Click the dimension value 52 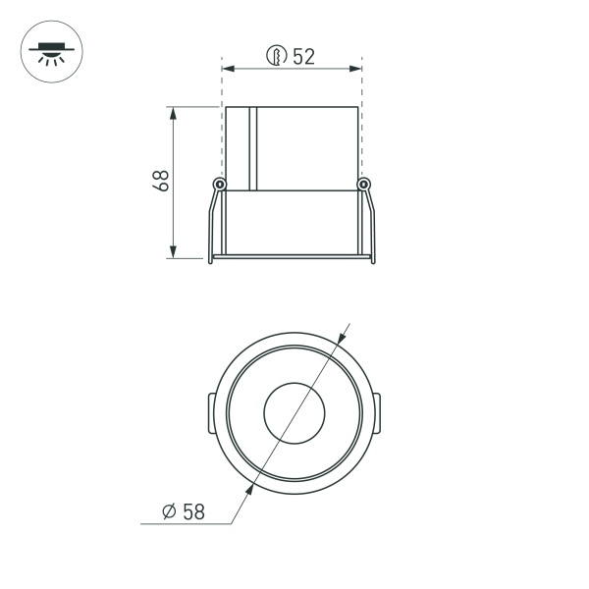click(x=303, y=56)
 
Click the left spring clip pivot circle click(x=220, y=185)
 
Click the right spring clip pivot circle click(x=364, y=185)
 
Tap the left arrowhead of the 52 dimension click(x=229, y=69)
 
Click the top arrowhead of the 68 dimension click(x=174, y=113)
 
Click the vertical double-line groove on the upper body click(x=252, y=147)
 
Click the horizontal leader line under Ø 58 click(x=187, y=525)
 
